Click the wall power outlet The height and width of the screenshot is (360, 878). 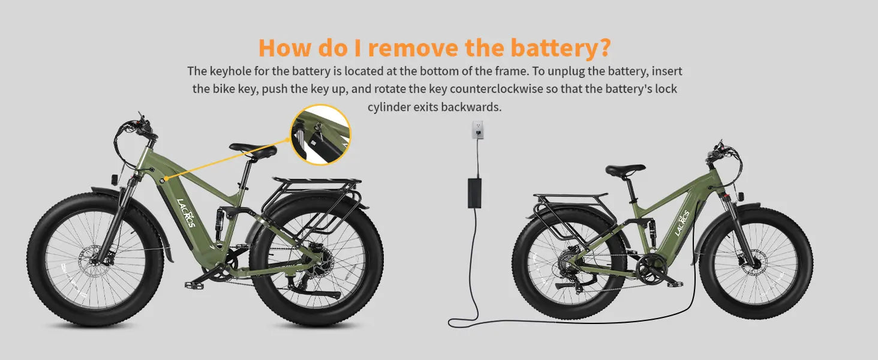(x=477, y=130)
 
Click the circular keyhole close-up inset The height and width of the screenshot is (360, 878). (x=321, y=135)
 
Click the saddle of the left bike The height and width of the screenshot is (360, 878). (x=253, y=149)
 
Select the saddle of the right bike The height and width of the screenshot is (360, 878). (x=625, y=170)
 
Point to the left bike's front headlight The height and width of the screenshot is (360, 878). (x=114, y=180)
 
